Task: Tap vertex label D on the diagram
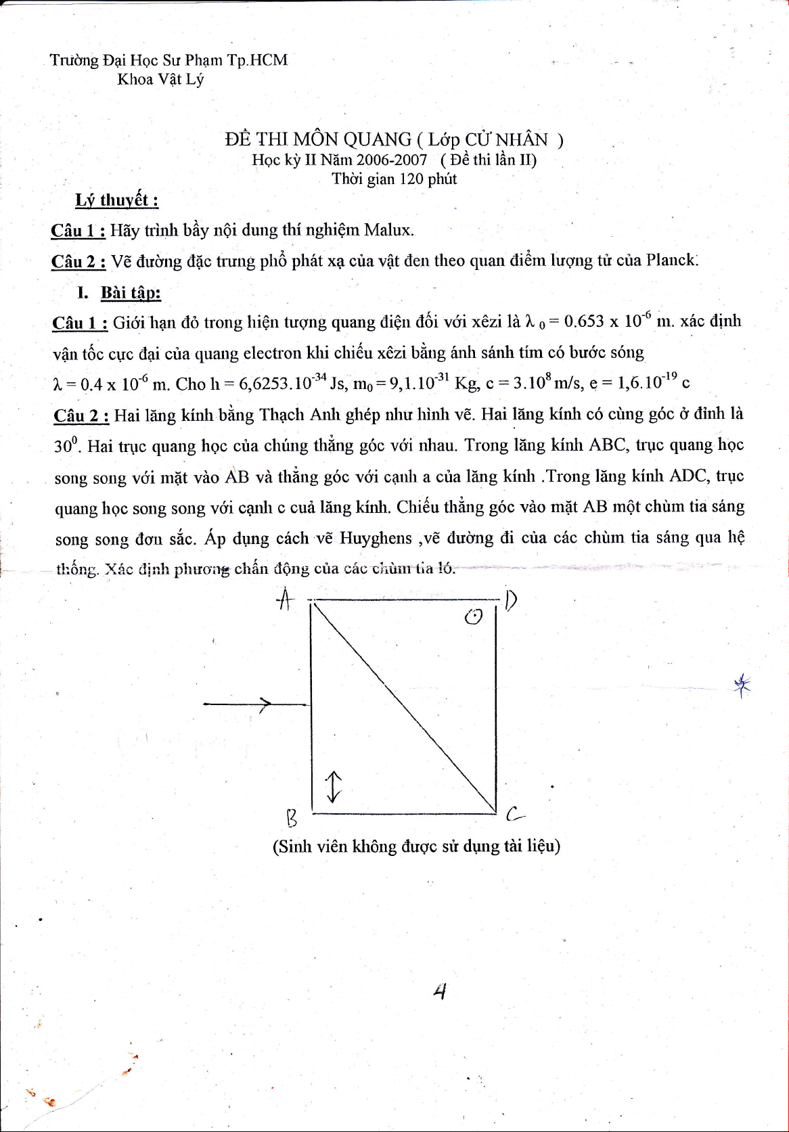click(x=511, y=600)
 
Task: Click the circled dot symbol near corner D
click(x=474, y=616)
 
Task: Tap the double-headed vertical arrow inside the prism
click(x=333, y=786)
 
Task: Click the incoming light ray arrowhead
click(x=265, y=705)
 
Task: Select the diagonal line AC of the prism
click(x=404, y=706)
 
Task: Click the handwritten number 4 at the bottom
click(x=440, y=992)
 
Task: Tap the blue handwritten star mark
click(x=742, y=685)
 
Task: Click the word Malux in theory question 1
click(x=388, y=230)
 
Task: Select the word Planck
click(x=670, y=261)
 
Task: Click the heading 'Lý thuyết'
click(x=116, y=200)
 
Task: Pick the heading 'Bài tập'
click(x=131, y=293)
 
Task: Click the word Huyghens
click(x=376, y=539)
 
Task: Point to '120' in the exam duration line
click(x=411, y=179)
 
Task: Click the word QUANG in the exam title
click(x=377, y=139)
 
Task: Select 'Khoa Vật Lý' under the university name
click(x=160, y=79)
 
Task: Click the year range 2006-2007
click(x=391, y=160)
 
